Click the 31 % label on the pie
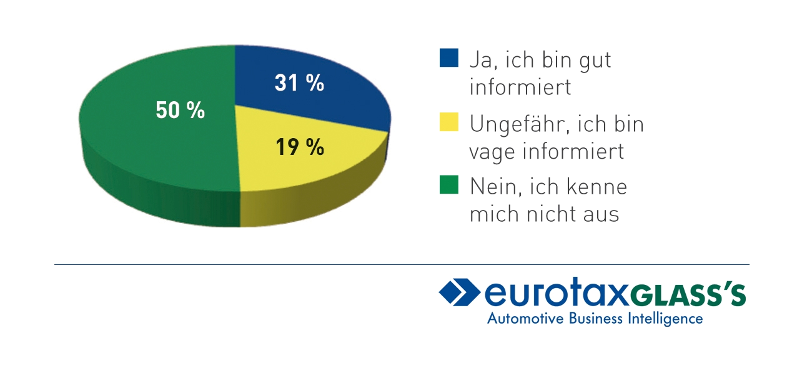point(299,83)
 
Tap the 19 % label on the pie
point(299,147)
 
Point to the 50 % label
point(180,111)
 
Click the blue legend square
point(448,58)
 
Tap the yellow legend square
point(448,122)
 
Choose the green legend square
point(448,185)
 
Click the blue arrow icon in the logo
point(459,292)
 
